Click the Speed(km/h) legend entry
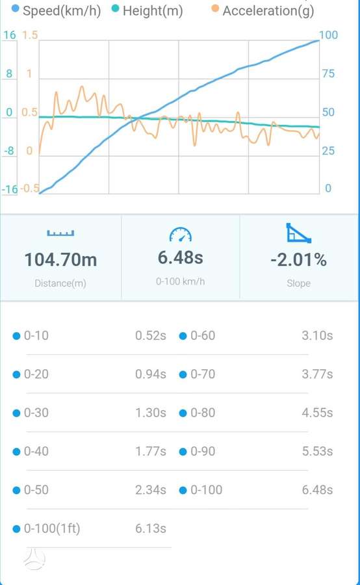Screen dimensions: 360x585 57,10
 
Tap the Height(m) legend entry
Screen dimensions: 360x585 148,10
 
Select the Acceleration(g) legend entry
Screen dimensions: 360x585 263,10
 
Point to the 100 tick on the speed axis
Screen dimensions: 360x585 328,35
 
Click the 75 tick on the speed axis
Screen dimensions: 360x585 328,73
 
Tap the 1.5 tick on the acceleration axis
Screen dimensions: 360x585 31,35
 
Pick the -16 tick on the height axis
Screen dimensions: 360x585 10,189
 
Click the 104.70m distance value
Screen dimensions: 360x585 60,259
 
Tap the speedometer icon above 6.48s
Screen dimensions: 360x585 180,235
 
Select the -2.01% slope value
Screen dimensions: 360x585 298,259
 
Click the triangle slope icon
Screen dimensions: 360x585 298,233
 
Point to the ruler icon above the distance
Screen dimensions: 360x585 60,233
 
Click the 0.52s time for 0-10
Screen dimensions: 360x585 151,335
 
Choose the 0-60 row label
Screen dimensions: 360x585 203,335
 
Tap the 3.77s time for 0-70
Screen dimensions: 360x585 317,374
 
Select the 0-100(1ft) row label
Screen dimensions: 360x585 52,528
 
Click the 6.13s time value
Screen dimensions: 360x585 151,528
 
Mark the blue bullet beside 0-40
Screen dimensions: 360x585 16,452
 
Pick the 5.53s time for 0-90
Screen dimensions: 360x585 317,451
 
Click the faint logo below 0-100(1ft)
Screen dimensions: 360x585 34,559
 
